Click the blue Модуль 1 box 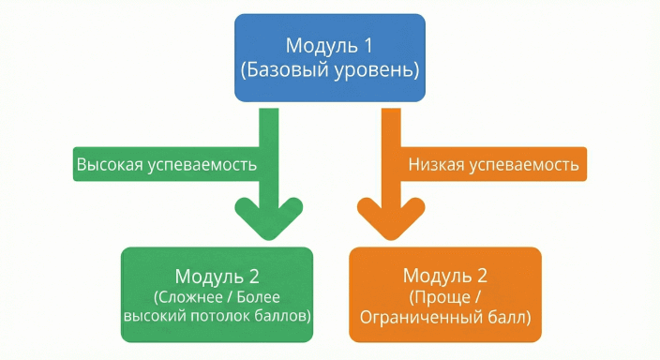[329, 58]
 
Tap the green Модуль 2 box [216, 295]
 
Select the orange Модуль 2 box [444, 295]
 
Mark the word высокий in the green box [156, 318]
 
